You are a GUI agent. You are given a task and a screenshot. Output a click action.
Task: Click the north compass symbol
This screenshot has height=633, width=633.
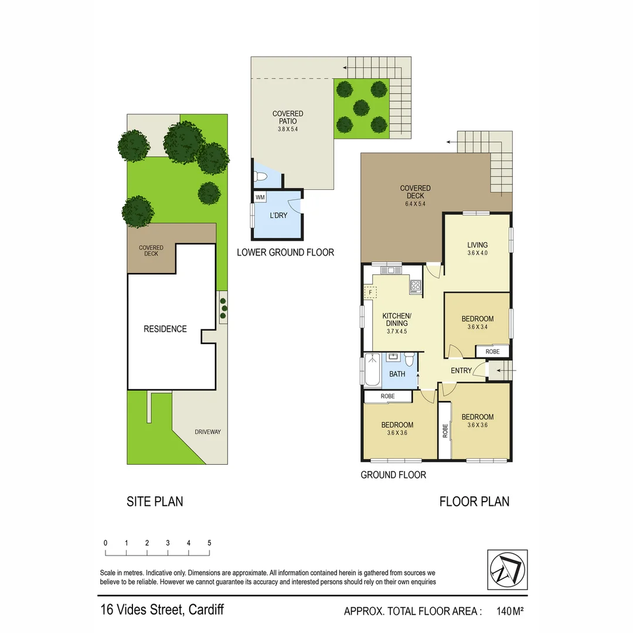pos(507,570)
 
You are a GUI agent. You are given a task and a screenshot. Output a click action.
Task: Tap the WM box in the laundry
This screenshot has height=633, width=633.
pos(260,198)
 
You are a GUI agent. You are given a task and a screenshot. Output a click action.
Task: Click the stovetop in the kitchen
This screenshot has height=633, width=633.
pos(416,286)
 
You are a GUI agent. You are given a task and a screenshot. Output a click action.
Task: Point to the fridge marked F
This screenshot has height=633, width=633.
pos(370,292)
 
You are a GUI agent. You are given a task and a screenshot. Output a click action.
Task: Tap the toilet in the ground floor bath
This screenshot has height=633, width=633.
pos(409,359)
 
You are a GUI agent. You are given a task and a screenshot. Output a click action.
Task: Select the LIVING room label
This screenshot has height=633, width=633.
pos(477,245)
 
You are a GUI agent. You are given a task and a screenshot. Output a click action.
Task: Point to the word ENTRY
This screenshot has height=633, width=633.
pos(461,370)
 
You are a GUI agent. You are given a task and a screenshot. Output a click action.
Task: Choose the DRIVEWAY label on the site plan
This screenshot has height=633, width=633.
pos(208,432)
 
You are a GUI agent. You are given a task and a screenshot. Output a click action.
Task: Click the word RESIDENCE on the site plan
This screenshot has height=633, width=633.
pos(165,329)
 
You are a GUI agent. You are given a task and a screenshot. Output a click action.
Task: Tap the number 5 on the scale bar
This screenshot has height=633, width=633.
pos(209,543)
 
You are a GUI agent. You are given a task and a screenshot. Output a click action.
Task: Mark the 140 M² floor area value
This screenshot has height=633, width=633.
pos(509,611)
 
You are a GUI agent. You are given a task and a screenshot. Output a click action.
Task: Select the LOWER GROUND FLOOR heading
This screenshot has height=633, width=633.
pos(285,253)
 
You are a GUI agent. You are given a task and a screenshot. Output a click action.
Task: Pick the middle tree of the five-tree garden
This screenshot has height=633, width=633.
pos(361,107)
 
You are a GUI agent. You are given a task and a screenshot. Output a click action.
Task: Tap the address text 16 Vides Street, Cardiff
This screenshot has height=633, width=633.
pos(162,610)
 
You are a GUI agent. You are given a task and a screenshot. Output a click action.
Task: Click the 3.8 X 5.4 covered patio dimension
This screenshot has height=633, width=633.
pos(288,129)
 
